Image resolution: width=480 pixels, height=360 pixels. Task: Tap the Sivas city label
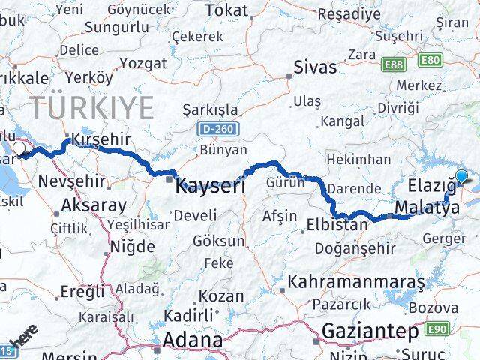[316, 67]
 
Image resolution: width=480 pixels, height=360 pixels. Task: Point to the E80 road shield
[431, 59]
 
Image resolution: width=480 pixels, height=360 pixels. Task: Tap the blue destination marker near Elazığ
[460, 177]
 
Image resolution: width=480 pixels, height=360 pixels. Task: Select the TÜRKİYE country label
[91, 108]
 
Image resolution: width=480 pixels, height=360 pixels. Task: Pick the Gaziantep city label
[370, 331]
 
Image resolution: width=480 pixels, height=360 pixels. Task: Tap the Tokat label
[226, 10]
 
